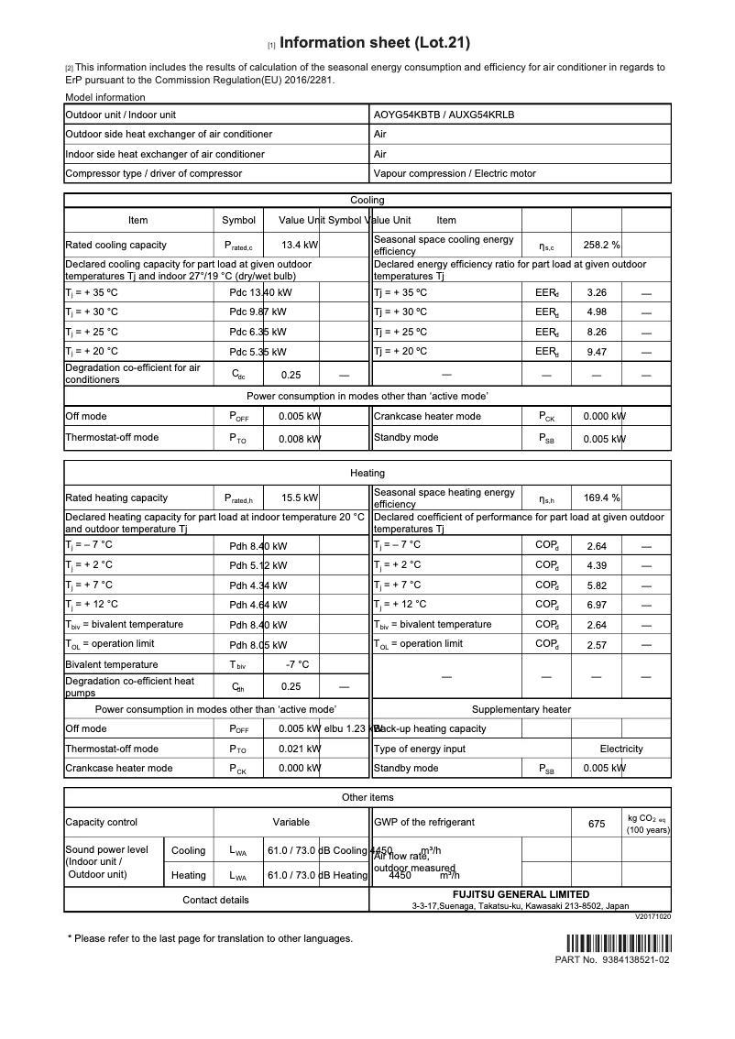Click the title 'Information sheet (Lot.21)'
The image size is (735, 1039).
click(374, 43)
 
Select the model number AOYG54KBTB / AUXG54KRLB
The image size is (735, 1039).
click(444, 115)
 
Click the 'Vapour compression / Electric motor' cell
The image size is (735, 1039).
click(455, 173)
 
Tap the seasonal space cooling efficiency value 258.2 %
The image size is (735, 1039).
click(602, 246)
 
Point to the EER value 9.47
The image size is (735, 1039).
click(597, 351)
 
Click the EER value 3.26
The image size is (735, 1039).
click(597, 293)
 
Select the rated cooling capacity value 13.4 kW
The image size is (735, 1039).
click(300, 246)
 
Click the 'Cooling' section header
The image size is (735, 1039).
click(367, 200)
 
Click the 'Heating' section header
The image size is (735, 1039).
click(367, 473)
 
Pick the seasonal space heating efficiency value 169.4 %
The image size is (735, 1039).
click(602, 498)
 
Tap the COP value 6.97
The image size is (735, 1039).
click(597, 605)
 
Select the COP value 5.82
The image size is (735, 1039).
click(597, 585)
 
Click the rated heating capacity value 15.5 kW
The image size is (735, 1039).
click(300, 498)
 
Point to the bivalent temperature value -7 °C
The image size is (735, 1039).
click(297, 664)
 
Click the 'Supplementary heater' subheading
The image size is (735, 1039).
click(521, 709)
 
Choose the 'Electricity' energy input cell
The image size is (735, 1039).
click(621, 749)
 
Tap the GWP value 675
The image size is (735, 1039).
click(597, 824)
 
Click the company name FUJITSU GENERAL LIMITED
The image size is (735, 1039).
click(521, 894)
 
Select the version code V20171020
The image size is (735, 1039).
click(653, 916)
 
